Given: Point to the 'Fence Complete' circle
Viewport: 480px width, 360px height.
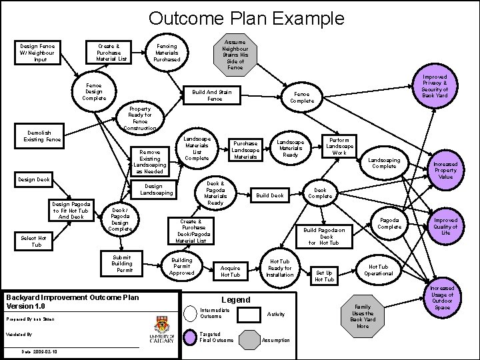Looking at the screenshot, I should pos(302,97).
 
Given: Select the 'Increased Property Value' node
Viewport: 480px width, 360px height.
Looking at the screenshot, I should pos(445,169).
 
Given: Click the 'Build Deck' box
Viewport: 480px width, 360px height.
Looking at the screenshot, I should pos(271,195).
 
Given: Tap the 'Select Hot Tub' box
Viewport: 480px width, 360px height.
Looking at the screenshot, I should pos(33,241).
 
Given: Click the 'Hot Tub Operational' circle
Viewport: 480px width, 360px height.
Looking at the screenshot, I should pos(378,269).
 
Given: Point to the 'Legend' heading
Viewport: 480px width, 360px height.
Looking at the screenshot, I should pos(235,300).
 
